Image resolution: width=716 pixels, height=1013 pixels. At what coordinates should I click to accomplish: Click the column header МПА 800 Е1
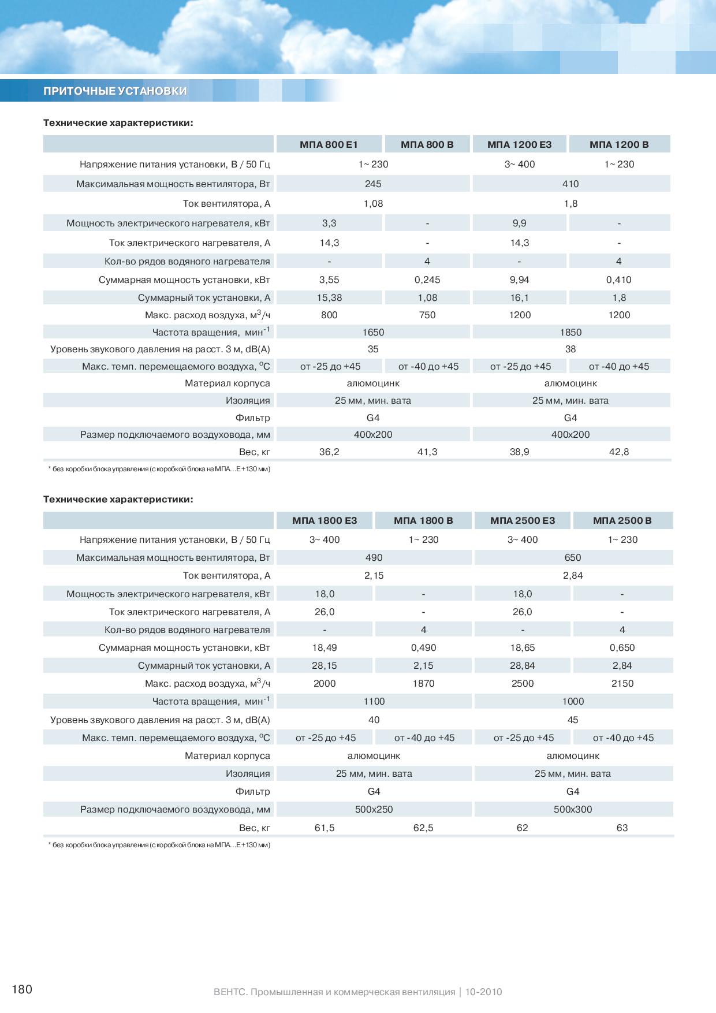click(x=329, y=144)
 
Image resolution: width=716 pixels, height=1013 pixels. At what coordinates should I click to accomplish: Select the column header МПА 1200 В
click(x=619, y=144)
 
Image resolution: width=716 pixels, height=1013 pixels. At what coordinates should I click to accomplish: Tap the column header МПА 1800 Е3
click(x=325, y=520)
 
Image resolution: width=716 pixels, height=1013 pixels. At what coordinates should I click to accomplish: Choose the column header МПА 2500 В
click(x=622, y=520)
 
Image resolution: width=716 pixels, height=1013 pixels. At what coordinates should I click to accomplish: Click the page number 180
click(x=22, y=989)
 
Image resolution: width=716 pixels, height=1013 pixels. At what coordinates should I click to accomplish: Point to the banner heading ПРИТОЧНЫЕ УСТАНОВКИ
click(x=115, y=91)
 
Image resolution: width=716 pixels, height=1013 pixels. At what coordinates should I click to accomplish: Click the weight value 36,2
click(x=329, y=452)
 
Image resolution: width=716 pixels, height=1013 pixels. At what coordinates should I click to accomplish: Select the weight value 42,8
click(x=619, y=452)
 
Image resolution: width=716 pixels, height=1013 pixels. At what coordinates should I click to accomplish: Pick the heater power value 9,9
click(x=519, y=223)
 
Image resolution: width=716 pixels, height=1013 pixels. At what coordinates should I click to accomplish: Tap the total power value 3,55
click(x=329, y=280)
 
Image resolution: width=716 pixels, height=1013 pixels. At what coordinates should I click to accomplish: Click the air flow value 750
click(x=427, y=315)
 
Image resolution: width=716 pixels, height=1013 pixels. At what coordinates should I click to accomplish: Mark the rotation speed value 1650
click(x=373, y=332)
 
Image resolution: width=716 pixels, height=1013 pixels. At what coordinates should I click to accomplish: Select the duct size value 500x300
click(x=573, y=809)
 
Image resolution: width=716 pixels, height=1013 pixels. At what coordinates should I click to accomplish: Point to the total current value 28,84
click(x=523, y=665)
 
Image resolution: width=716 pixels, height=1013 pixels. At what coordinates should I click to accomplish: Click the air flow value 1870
click(x=423, y=683)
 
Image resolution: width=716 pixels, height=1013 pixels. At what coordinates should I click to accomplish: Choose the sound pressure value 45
click(x=573, y=720)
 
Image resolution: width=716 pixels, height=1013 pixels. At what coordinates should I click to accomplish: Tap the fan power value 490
click(x=374, y=557)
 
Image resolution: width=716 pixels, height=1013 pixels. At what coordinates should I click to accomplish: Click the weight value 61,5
click(x=325, y=828)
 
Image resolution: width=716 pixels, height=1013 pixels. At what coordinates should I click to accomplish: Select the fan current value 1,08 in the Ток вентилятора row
click(x=373, y=203)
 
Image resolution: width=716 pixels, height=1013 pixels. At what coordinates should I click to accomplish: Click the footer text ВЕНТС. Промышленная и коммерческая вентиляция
click(x=334, y=992)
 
